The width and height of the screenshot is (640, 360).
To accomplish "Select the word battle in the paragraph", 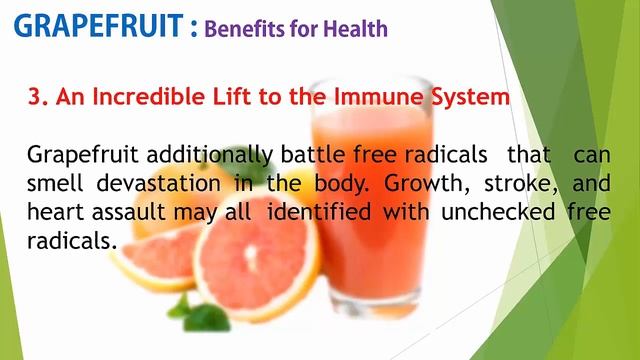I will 307,155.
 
